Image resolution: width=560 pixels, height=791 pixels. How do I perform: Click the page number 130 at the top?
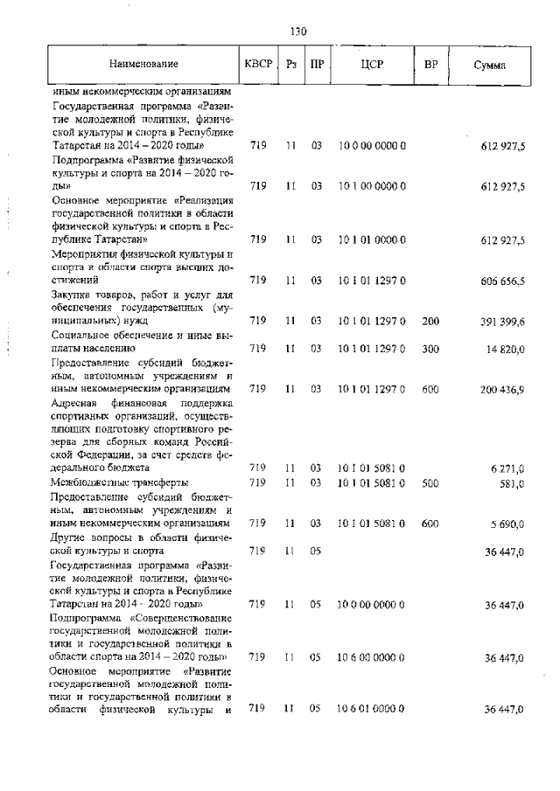(x=297, y=32)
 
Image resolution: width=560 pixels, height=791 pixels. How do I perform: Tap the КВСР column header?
(x=258, y=65)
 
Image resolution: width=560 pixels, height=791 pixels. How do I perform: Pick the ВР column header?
(x=430, y=65)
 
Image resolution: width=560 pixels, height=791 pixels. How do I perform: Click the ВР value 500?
(x=430, y=482)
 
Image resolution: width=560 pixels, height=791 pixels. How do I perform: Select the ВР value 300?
(x=430, y=348)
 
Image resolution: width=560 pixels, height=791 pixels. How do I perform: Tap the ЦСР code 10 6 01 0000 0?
(x=370, y=709)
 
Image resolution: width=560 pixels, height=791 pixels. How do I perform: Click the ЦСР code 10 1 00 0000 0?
(x=370, y=186)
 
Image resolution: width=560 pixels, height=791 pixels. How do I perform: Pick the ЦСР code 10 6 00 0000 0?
(x=370, y=656)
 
